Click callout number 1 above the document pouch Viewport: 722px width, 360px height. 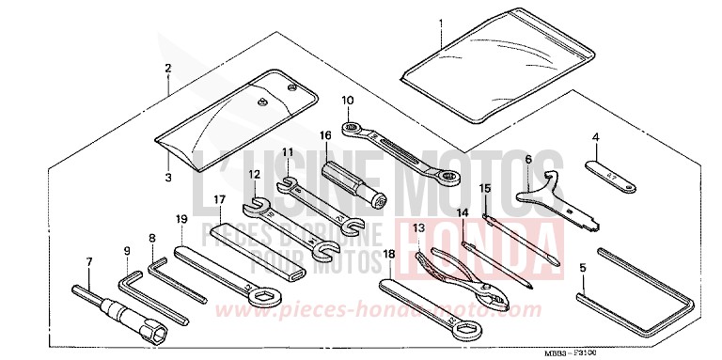click(x=437, y=21)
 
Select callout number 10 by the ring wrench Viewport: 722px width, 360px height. click(x=348, y=99)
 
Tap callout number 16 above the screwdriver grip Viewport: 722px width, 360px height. click(x=325, y=136)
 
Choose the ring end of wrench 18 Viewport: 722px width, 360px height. click(x=464, y=328)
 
